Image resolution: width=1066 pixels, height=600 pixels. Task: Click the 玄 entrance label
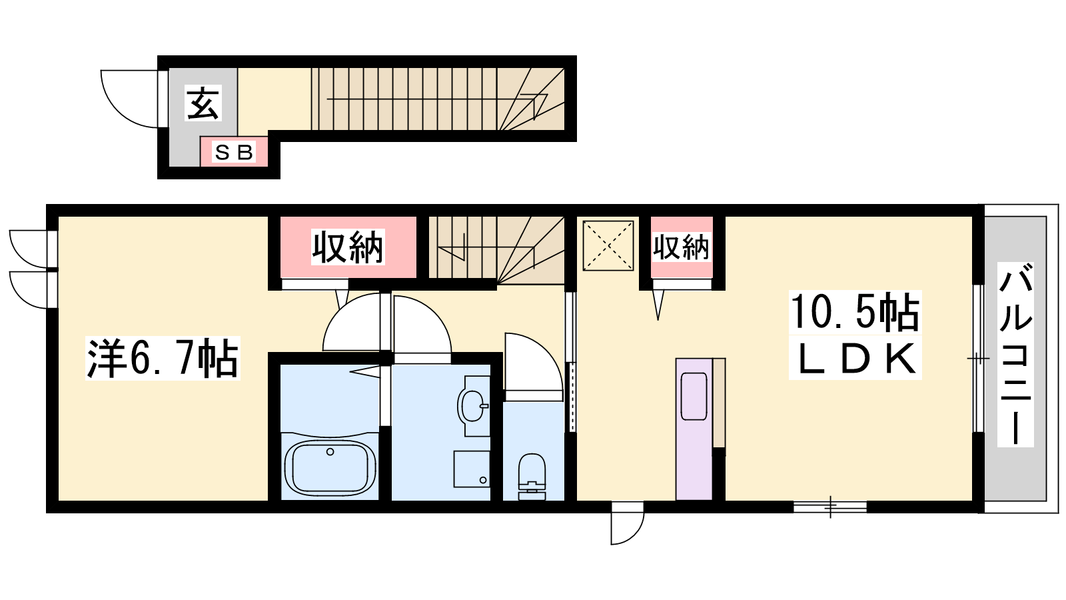click(203, 103)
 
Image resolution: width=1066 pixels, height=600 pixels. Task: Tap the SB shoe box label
click(233, 153)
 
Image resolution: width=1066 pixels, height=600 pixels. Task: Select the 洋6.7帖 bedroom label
click(163, 359)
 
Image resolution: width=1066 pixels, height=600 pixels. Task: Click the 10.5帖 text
click(855, 313)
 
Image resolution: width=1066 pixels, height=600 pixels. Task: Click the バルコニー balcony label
click(1015, 354)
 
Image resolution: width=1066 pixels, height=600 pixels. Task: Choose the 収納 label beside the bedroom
click(347, 247)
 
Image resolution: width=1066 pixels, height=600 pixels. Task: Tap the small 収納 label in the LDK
click(681, 247)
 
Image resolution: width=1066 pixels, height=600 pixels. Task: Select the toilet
click(532, 477)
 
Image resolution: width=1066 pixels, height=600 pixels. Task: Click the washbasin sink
click(473, 405)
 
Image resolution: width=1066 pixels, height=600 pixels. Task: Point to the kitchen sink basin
click(694, 396)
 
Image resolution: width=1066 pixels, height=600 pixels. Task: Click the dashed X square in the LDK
click(608, 246)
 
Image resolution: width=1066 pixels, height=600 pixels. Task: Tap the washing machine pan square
click(472, 469)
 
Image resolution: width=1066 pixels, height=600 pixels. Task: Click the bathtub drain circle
click(330, 452)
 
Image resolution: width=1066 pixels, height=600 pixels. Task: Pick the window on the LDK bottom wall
click(830, 507)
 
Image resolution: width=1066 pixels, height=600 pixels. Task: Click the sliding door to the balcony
click(978, 358)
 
